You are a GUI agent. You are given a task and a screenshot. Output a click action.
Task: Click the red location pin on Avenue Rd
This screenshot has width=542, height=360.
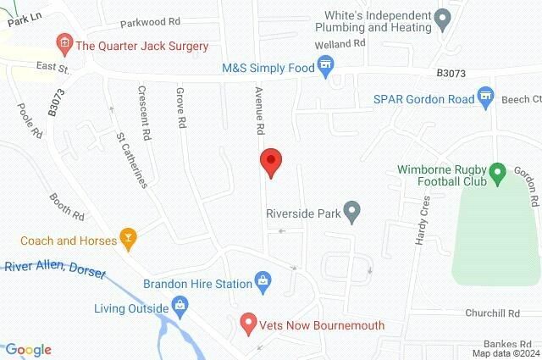[270, 161]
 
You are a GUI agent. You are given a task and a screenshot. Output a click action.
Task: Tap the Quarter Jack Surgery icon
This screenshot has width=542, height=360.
[62, 42]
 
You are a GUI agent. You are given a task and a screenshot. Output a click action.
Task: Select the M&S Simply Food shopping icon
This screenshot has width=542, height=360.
[325, 65]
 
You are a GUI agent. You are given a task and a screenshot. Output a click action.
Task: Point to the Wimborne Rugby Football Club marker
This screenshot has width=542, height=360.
[498, 174]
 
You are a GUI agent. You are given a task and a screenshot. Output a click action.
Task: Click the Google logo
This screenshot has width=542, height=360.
[29, 350]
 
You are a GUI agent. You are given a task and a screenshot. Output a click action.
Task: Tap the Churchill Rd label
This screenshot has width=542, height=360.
[492, 313]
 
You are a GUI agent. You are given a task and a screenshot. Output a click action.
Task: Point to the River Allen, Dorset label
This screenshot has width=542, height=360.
[53, 267]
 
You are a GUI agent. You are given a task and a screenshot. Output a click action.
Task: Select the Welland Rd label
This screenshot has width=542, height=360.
[340, 42]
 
